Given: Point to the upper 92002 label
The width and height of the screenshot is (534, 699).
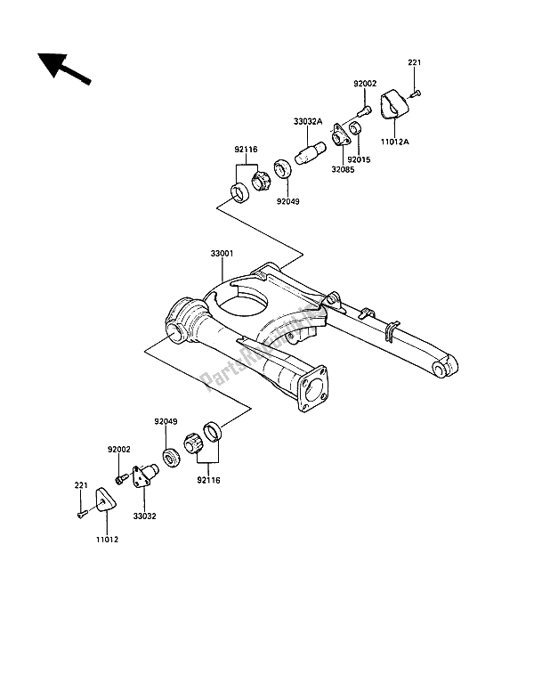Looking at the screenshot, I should point(365,85).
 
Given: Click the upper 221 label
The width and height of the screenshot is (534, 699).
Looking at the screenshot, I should point(414,62).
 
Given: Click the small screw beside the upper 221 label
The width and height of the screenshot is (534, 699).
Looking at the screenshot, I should point(417,93).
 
